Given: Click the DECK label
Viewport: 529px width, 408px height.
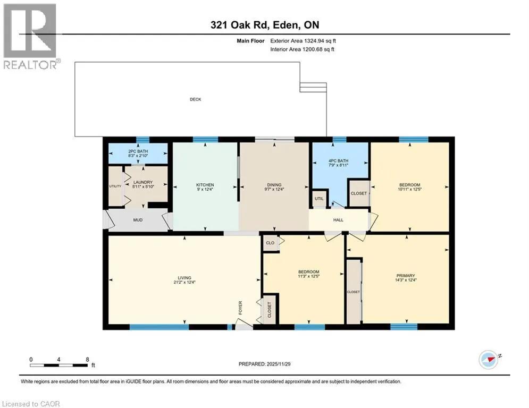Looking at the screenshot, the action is pyautogui.click(x=195, y=99).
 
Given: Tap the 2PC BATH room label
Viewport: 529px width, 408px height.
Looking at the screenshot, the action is pyautogui.click(x=138, y=151).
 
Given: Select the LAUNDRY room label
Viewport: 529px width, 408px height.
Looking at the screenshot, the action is pyautogui.click(x=143, y=182).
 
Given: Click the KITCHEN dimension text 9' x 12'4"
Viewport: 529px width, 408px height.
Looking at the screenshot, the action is pyautogui.click(x=205, y=190).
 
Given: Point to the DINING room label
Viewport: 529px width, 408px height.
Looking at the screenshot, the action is pyautogui.click(x=274, y=185).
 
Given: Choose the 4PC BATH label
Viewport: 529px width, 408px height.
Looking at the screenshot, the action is pyautogui.click(x=338, y=161).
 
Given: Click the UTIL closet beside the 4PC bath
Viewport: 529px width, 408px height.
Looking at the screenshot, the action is pyautogui.click(x=319, y=199).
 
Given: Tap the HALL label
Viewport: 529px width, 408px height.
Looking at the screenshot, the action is pyautogui.click(x=338, y=220).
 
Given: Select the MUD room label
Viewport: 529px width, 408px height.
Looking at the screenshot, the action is pyautogui.click(x=138, y=220).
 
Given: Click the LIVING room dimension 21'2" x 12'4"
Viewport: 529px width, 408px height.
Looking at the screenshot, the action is pyautogui.click(x=184, y=283).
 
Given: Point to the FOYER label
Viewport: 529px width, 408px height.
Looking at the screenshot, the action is pyautogui.click(x=240, y=308).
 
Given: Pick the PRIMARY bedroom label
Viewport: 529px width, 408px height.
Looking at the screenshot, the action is pyautogui.click(x=406, y=276).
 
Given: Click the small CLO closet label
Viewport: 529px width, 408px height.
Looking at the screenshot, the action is pyautogui.click(x=270, y=243).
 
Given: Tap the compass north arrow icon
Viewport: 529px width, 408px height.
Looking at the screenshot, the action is pyautogui.click(x=489, y=360).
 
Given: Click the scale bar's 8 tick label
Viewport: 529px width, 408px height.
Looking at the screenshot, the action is pyautogui.click(x=87, y=360).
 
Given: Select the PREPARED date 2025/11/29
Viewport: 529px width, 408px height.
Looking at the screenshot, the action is pyautogui.click(x=279, y=364).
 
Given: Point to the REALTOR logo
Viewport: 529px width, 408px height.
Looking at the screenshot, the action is pyautogui.click(x=31, y=36).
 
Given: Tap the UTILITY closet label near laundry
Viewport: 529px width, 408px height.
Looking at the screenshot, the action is pyautogui.click(x=115, y=186).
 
